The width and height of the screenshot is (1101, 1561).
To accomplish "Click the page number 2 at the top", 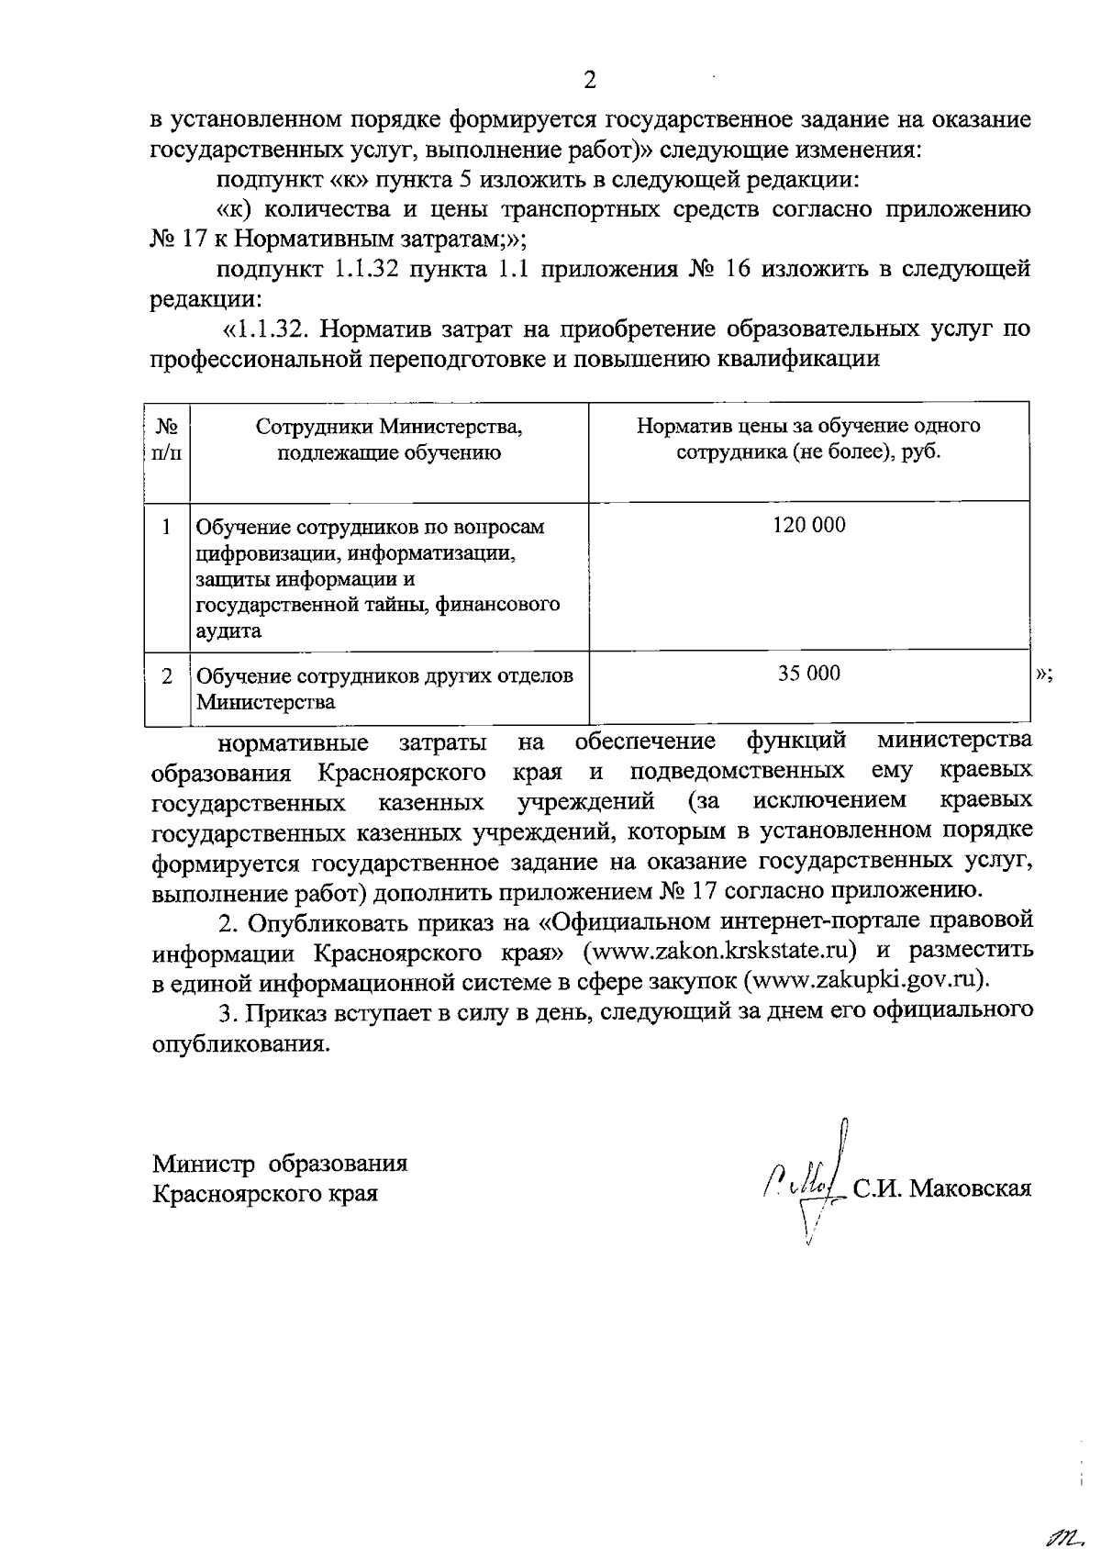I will coord(590,81).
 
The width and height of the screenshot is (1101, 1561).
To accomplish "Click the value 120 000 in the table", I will coord(808,526).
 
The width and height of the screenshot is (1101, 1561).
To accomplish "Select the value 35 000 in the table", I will coord(808,674).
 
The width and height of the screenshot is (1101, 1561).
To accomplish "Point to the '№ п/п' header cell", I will coord(166,440).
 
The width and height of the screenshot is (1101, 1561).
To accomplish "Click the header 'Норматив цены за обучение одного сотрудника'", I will coord(808,440).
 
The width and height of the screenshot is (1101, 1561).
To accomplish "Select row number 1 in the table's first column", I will coord(166,527).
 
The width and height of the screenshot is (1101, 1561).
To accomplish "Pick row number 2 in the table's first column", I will coord(166,676).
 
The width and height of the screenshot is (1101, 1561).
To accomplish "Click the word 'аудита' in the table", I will coord(228,631).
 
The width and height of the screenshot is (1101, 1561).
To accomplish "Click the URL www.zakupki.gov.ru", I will coord(862,979).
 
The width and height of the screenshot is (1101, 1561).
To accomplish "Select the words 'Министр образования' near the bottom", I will coord(280,1165).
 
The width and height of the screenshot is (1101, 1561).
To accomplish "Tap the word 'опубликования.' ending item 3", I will coord(239,1044).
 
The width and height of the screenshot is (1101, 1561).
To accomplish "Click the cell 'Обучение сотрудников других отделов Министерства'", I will coord(384,689).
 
